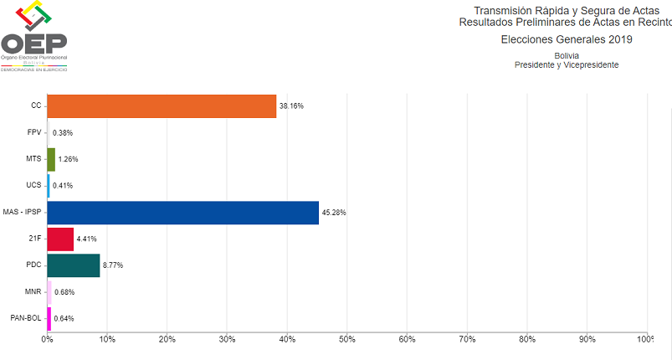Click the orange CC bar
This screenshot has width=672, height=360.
coord(162,106)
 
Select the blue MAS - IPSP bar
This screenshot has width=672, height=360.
coord(182,213)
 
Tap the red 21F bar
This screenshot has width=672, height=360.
coord(60,239)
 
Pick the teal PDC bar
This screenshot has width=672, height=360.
coord(73,265)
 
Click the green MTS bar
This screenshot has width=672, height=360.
coord(51,159)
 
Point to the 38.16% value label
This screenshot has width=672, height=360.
coord(291,106)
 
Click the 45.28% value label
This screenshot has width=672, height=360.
coord(333,213)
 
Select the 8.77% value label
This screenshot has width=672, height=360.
coord(113,265)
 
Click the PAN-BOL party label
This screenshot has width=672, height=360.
coord(24,319)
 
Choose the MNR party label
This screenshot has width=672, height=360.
coord(32,292)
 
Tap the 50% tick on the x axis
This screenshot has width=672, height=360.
coord(347,339)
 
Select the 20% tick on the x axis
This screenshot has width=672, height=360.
coord(167,339)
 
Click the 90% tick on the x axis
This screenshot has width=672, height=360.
coord(587,339)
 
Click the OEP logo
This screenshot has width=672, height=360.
coord(34,38)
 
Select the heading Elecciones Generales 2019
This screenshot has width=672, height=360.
coord(567,39)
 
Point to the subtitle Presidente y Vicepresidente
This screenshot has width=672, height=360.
coord(567,65)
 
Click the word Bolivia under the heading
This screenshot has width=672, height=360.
coord(567,55)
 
